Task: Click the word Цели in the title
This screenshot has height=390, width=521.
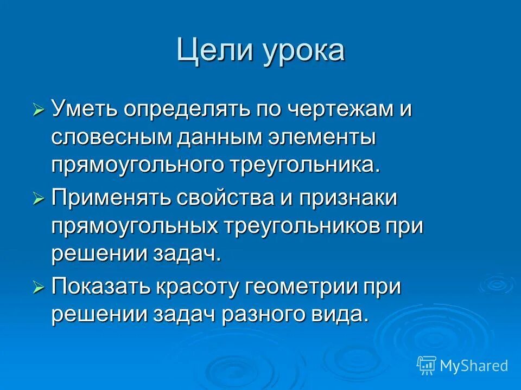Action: tap(210, 51)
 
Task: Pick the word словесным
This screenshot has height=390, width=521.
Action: tap(111, 137)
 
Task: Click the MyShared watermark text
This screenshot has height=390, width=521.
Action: tap(473, 366)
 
